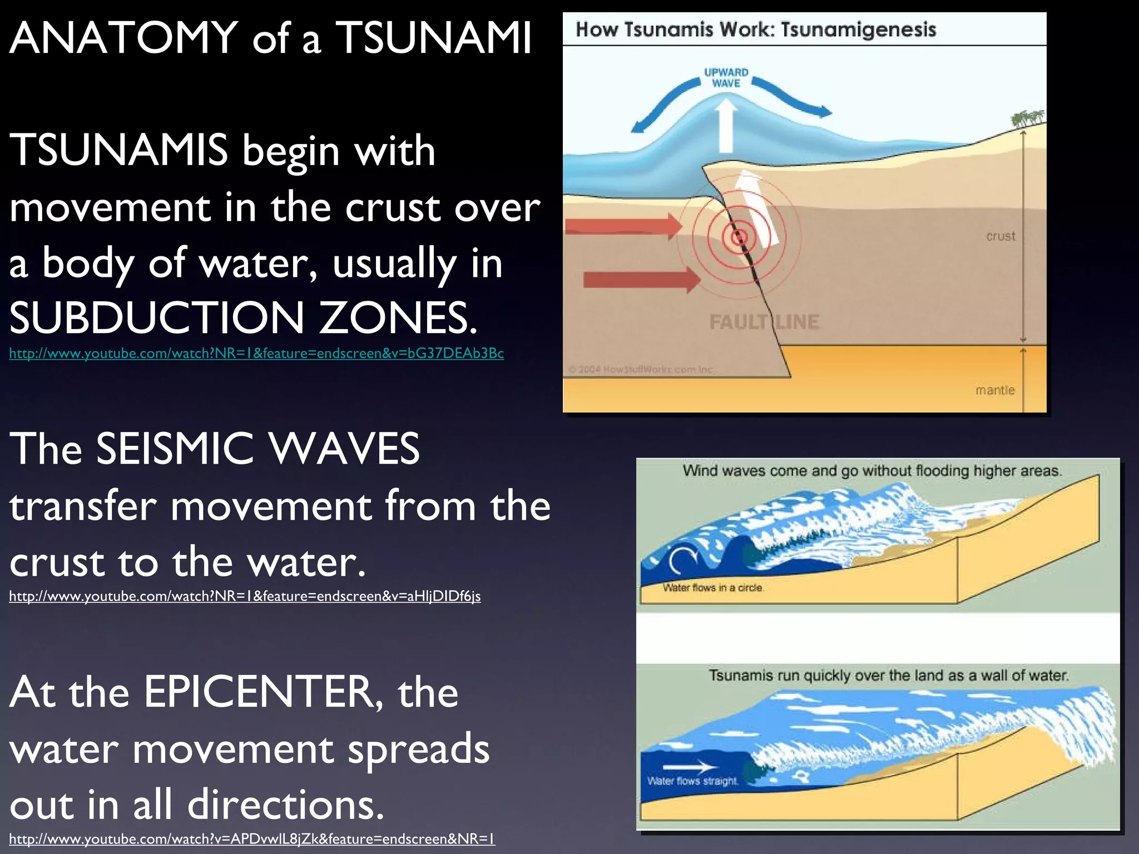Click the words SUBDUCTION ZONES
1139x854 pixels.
click(x=242, y=318)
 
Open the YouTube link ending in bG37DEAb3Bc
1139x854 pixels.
click(x=256, y=354)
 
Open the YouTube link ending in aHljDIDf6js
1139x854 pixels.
click(x=245, y=597)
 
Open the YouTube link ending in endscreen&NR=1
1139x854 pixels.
click(x=251, y=839)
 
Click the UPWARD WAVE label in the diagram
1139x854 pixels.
click(x=726, y=78)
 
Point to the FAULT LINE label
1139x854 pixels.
click(x=764, y=322)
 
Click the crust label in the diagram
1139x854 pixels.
click(x=1000, y=236)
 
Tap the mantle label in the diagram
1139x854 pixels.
click(x=994, y=390)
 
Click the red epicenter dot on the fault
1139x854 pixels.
click(x=739, y=238)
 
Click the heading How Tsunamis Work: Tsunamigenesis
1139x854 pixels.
click(x=755, y=29)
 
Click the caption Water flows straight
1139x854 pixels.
click(x=692, y=781)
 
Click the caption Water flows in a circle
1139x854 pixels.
click(x=712, y=588)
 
